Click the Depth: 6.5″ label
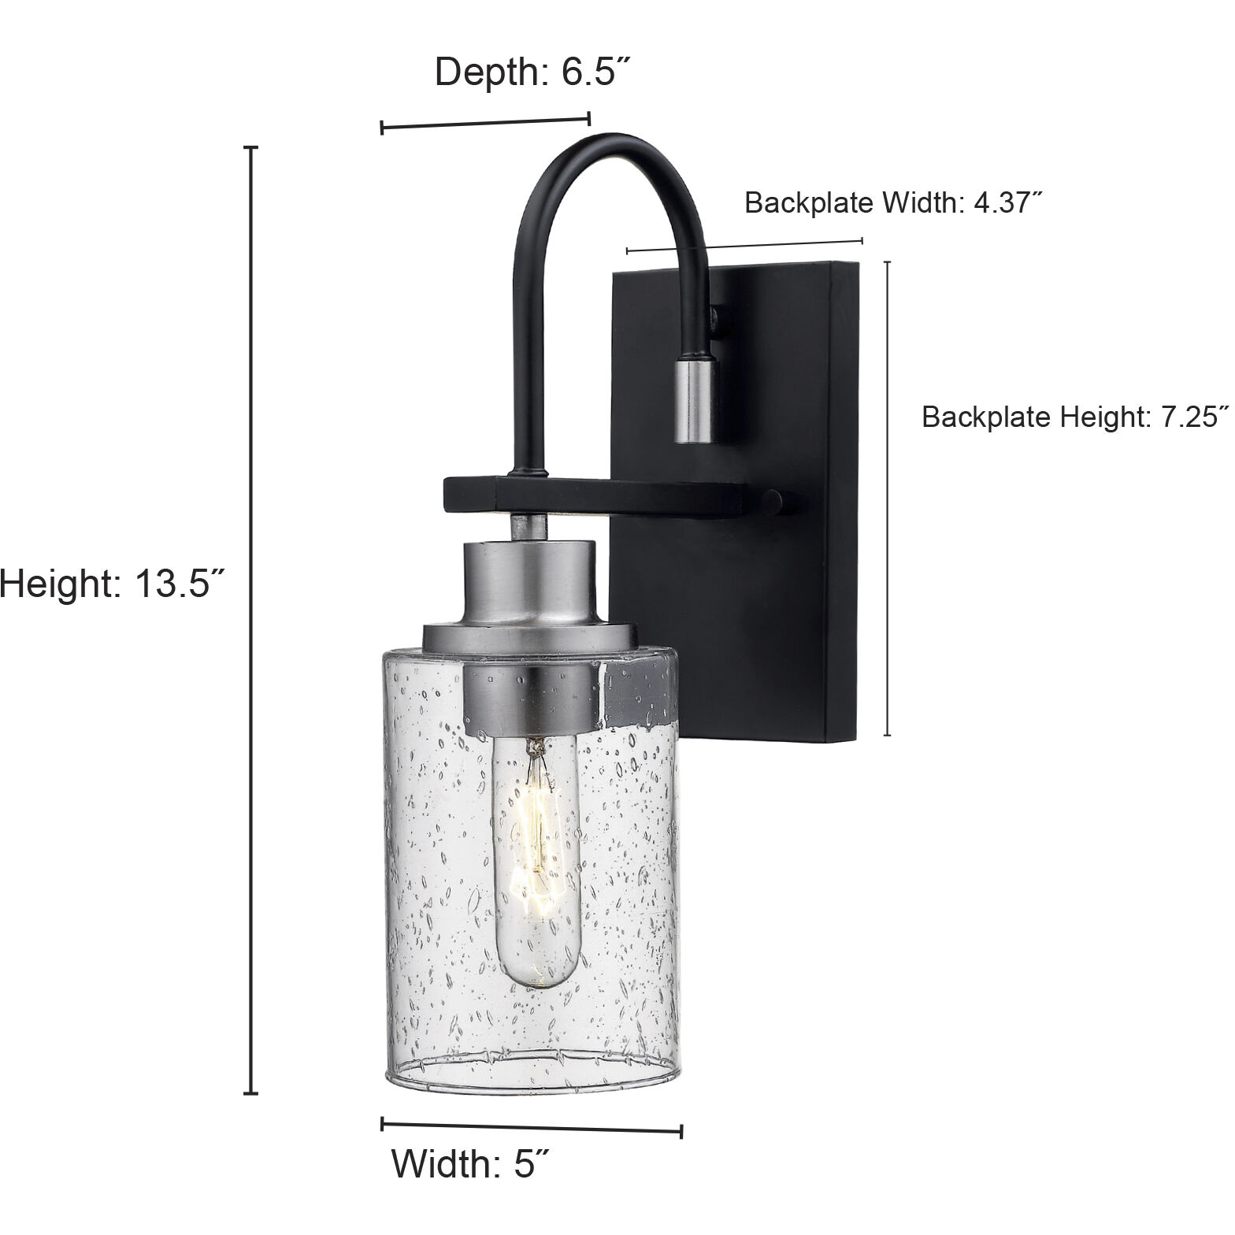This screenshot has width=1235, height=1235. pyautogui.click(x=533, y=72)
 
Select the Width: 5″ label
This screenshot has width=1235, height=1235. pyautogui.click(x=470, y=1163)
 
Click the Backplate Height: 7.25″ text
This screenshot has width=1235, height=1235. pyautogui.click(x=1075, y=417)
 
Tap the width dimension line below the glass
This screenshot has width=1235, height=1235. pyautogui.click(x=532, y=1126)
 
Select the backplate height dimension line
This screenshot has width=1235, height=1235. pyautogui.click(x=888, y=498)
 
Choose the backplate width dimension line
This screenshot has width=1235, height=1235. pyautogui.click(x=744, y=246)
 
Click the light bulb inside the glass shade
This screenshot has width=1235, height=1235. pyautogui.click(x=536, y=866)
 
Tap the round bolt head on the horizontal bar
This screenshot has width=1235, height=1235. pyautogui.click(x=773, y=502)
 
